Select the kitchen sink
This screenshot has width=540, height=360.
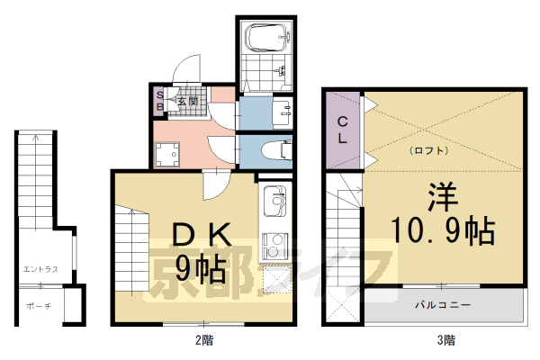274,196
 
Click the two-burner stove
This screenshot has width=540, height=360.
274,243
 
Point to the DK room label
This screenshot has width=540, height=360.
205,236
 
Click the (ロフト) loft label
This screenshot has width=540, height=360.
429,150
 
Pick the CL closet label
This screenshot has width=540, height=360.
343,130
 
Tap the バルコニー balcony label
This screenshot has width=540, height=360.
443,306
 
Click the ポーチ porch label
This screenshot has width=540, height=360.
40,306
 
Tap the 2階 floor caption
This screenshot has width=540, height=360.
205,341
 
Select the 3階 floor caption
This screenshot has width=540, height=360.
446,341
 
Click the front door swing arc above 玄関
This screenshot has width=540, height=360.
187,69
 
